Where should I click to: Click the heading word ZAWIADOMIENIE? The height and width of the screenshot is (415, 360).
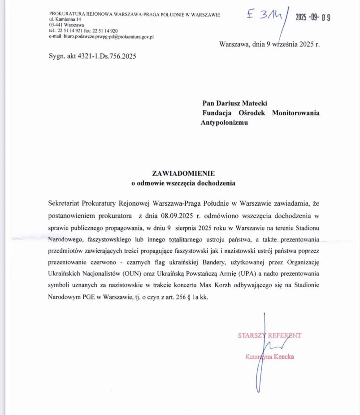(183, 173)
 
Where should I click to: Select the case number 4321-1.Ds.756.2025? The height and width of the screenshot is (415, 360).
(106, 56)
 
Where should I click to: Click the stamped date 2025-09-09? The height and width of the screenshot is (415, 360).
(313, 17)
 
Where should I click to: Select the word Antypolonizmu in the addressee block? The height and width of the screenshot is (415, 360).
(224, 122)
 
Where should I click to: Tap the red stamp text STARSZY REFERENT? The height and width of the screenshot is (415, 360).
(269, 335)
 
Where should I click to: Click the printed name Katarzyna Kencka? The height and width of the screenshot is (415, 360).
(269, 357)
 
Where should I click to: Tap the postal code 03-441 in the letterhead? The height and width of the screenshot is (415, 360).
(56, 26)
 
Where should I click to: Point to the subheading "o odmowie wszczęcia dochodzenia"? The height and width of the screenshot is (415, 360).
(183, 183)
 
